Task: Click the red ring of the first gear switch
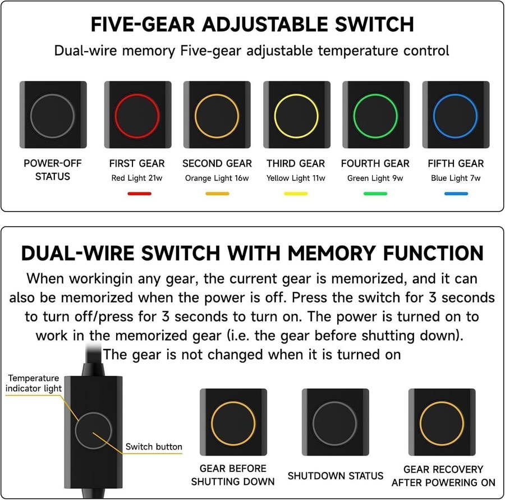click(137, 94)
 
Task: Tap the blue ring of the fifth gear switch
click(456, 94)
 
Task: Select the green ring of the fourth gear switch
click(375, 94)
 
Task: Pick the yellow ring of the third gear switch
click(296, 94)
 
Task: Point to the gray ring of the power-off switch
click(53, 94)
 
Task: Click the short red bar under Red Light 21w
click(140, 194)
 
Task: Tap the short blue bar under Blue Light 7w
click(456, 194)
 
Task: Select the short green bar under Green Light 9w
click(375, 194)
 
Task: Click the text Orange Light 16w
click(217, 178)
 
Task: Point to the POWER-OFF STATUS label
click(53, 170)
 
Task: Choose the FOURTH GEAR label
click(375, 164)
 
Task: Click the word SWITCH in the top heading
click(374, 25)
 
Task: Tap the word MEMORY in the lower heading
click(332, 253)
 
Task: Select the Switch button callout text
click(154, 447)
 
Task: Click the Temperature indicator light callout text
click(34, 383)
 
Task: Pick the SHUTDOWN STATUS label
click(336, 476)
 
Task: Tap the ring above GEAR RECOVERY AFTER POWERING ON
click(442, 402)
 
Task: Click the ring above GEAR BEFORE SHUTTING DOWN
click(233, 402)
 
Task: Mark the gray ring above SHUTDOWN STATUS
click(335, 402)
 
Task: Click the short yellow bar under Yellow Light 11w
click(296, 194)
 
